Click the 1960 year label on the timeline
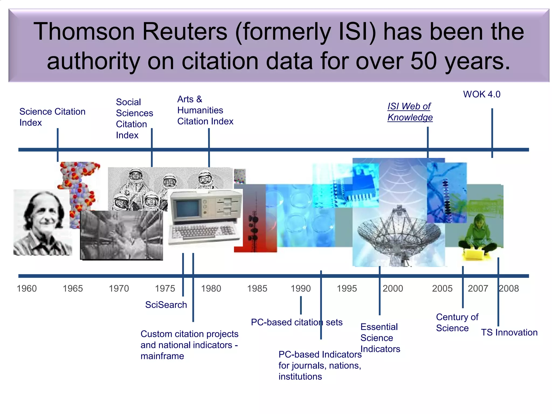tap(27, 289)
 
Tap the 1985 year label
tap(257, 289)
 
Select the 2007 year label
tap(478, 289)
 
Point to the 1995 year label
tap(347, 289)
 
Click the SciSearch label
tap(166, 305)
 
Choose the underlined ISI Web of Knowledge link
tap(410, 112)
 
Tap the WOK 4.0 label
tap(482, 94)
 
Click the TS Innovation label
tap(509, 333)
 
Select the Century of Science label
tap(457, 323)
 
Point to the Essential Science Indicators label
tap(380, 338)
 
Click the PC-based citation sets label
tap(296, 322)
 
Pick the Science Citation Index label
tap(52, 117)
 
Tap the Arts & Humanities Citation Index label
tap(205, 110)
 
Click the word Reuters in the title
tap(185, 32)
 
